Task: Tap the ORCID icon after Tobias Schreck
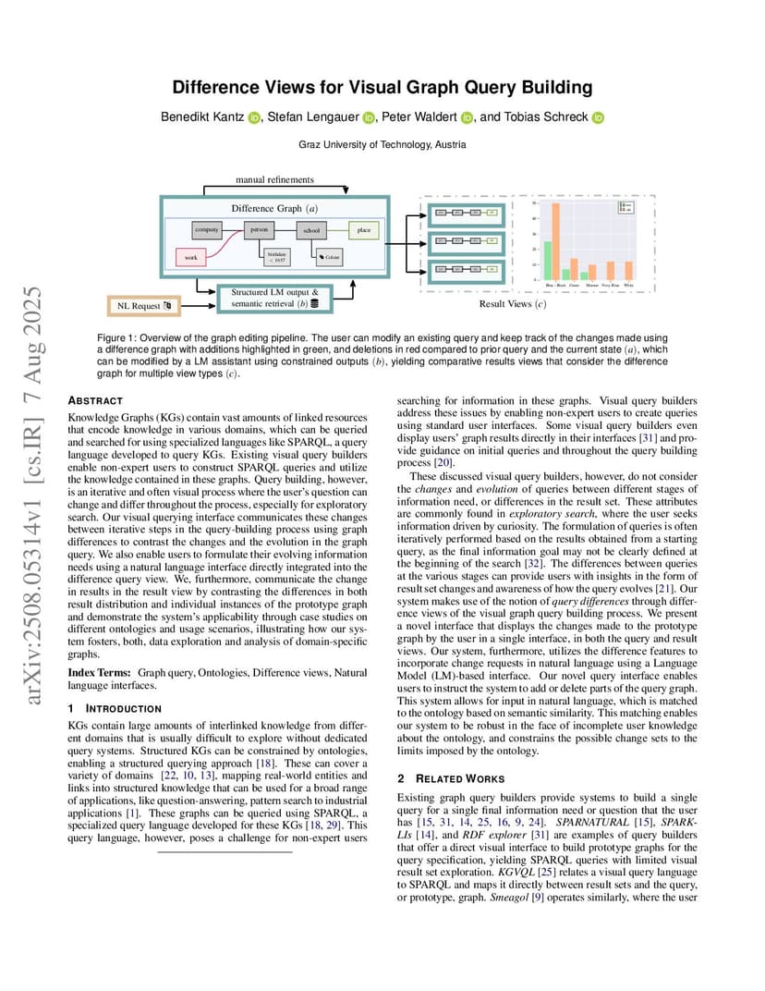pyautogui.click(x=598, y=117)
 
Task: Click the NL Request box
pyautogui.click(x=141, y=305)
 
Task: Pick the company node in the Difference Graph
pyautogui.click(x=206, y=228)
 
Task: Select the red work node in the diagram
pyautogui.click(x=190, y=257)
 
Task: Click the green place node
pyautogui.click(x=364, y=228)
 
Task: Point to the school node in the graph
pyautogui.click(x=311, y=229)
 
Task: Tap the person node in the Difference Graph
pyautogui.click(x=259, y=228)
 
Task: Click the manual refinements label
pyautogui.click(x=274, y=179)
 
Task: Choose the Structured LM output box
pyautogui.click(x=274, y=297)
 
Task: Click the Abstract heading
pyautogui.click(x=95, y=400)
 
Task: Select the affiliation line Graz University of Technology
pyautogui.click(x=382, y=145)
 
